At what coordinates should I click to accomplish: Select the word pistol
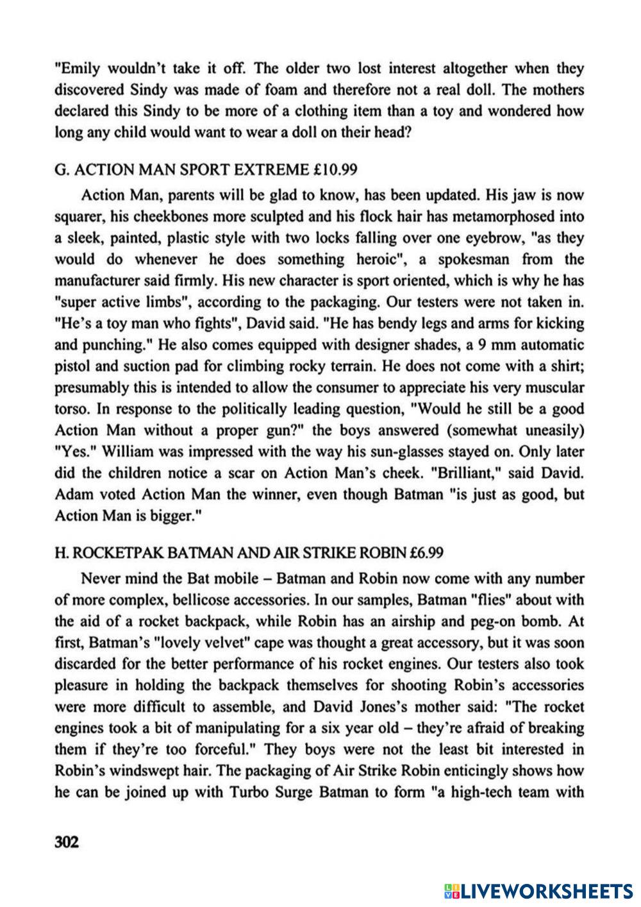tap(73, 366)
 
